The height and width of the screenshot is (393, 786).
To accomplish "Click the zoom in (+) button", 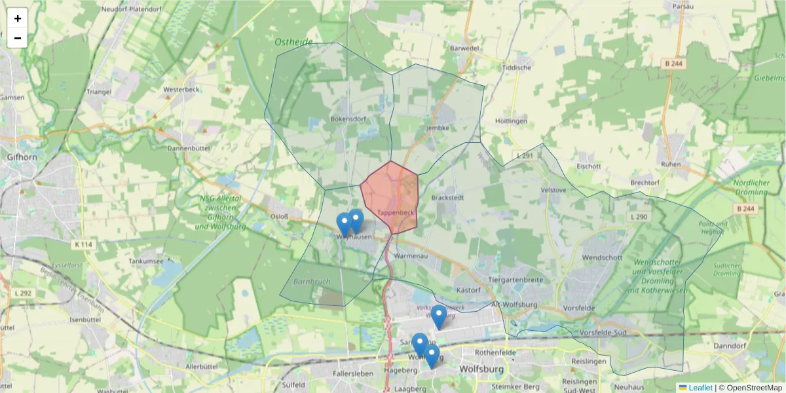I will tap(18, 18).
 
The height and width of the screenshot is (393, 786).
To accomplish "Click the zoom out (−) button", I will tap(18, 38).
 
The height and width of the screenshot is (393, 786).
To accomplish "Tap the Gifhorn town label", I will tap(23, 157).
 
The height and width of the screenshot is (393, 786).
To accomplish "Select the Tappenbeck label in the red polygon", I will tap(396, 214).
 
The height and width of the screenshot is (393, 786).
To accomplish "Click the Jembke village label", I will tap(437, 128).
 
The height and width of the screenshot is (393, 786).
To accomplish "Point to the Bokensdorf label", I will tap(348, 119).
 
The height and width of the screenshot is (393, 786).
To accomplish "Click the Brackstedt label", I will tap(448, 196).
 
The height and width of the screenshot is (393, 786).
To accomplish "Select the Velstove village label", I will tap(553, 190).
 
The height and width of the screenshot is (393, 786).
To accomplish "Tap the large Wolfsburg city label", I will tap(485, 369).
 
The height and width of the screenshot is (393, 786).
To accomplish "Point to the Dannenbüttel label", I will tap(188, 149).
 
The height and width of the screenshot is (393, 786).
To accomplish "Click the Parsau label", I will tap(683, 7).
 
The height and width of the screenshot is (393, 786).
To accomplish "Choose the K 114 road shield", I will tap(83, 244).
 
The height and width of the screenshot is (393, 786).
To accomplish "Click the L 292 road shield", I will tap(22, 293).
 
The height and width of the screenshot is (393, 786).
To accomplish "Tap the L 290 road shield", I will tap(638, 217).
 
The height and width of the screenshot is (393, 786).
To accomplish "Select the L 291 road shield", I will tap(525, 156).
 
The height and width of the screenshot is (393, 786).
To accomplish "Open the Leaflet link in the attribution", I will tap(700, 388).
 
